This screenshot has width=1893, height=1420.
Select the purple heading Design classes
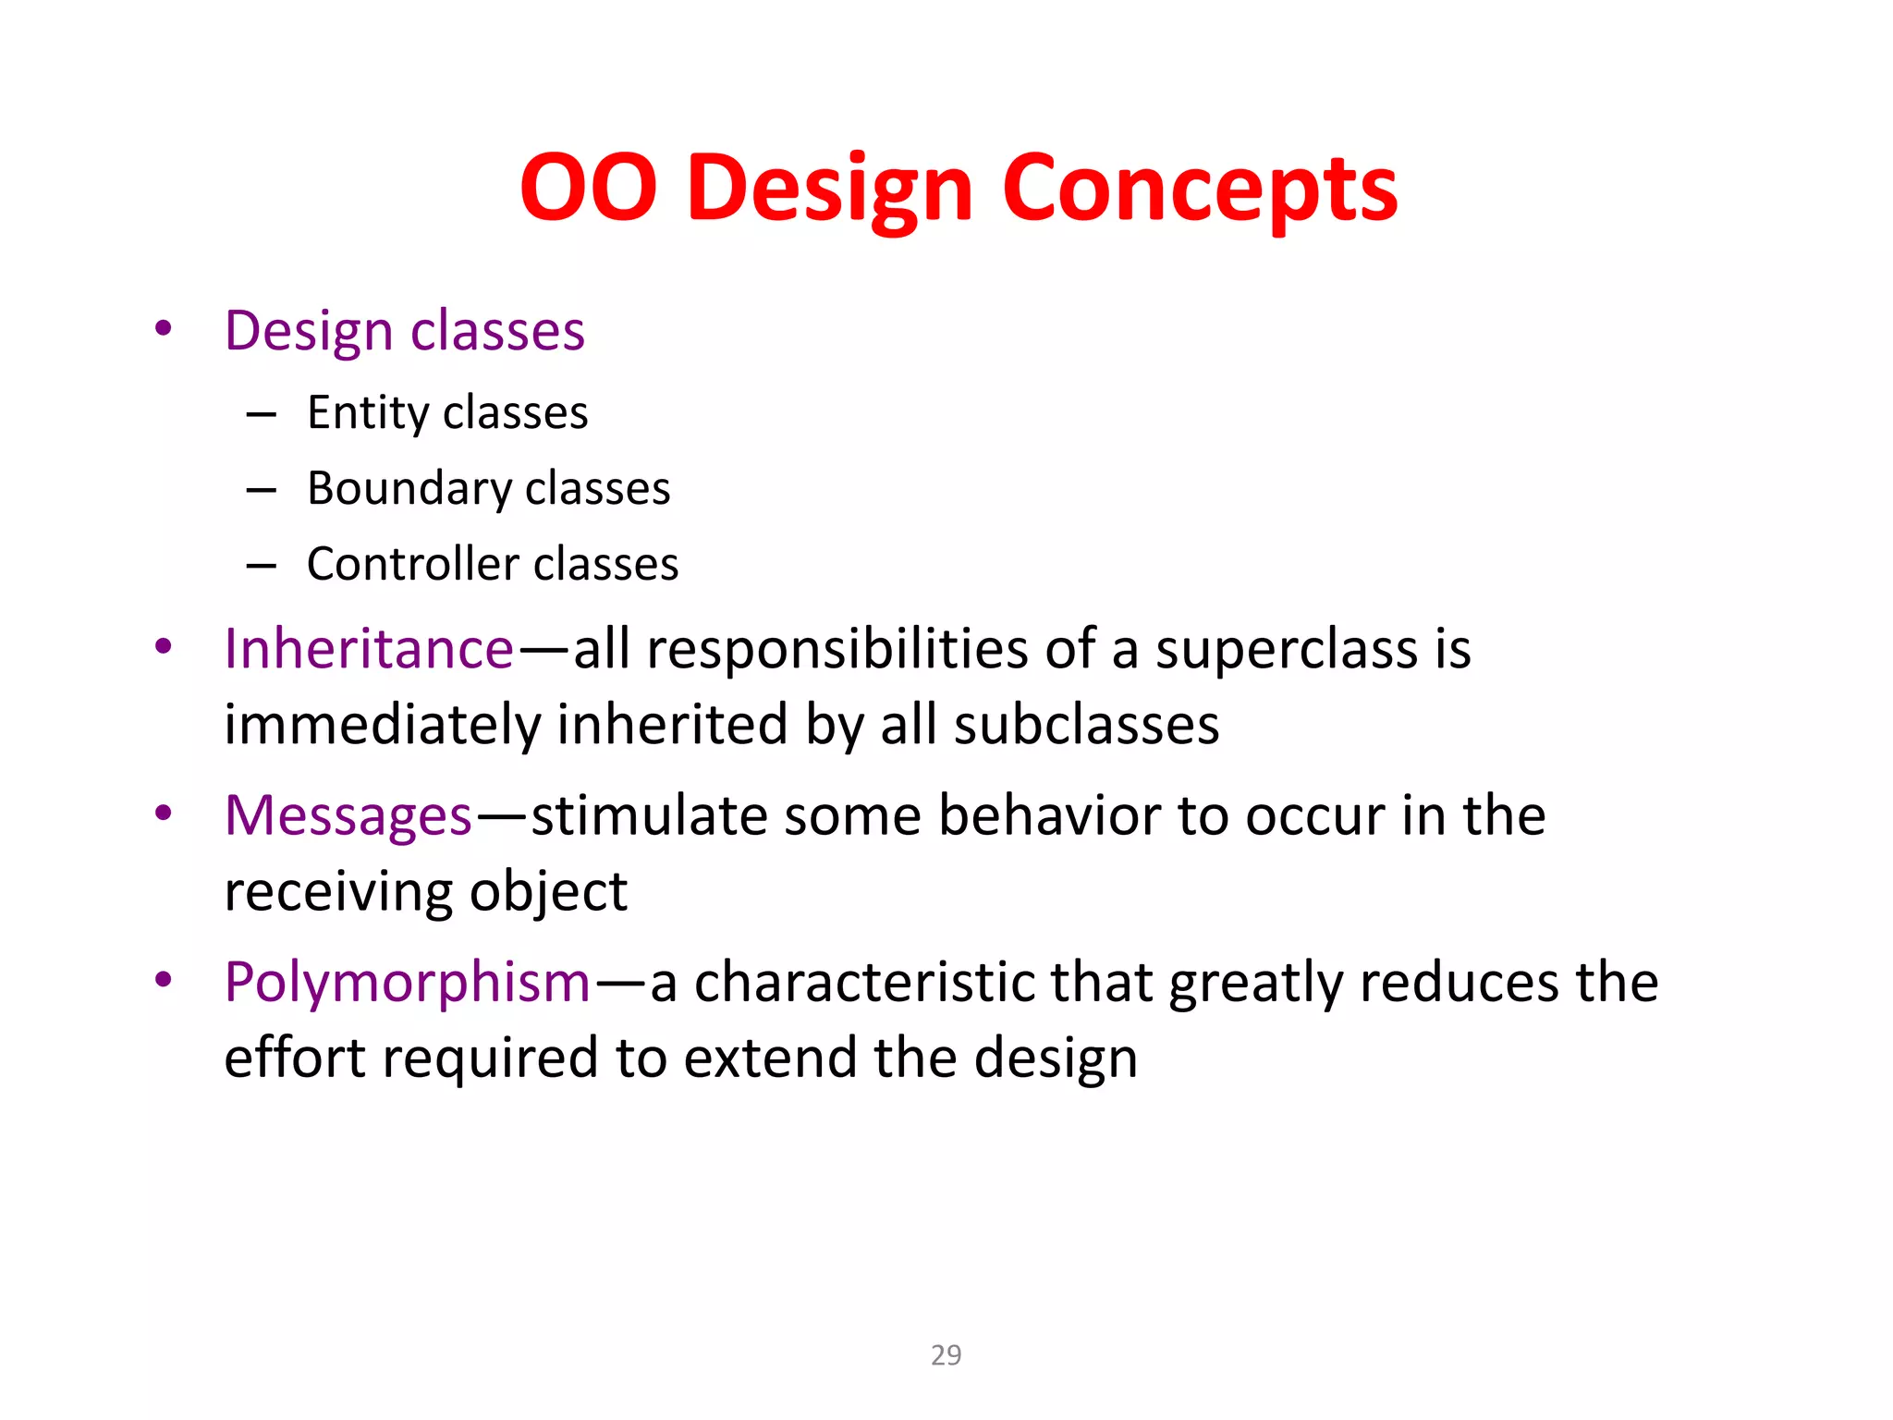coord(404,331)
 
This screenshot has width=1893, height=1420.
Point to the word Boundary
coord(408,488)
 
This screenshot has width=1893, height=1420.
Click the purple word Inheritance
coord(368,648)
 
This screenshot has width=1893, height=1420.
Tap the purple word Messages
coord(348,815)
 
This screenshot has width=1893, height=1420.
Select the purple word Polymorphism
coord(407,982)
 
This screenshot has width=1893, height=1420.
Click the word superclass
coord(1286,650)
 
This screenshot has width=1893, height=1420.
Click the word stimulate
coord(649,815)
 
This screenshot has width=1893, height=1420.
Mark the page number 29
coord(946,1354)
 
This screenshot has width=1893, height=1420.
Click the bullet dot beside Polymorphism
coord(164,980)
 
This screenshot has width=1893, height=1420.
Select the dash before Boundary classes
coord(262,490)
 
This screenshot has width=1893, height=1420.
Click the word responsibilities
coord(837,650)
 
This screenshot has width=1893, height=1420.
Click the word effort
coord(295,1058)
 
